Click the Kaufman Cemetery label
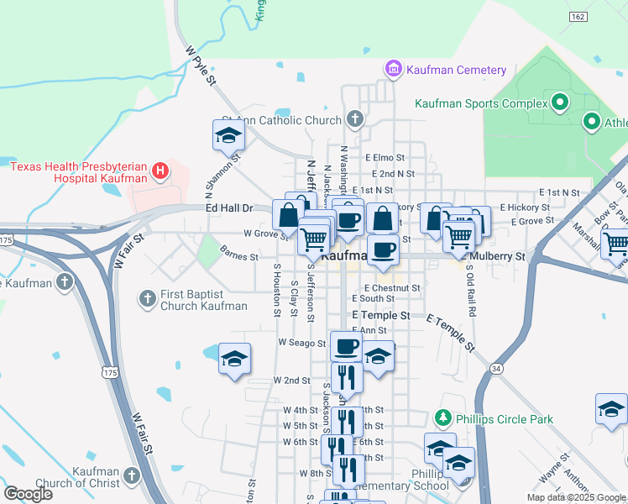tap(456, 70)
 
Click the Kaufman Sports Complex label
tap(480, 103)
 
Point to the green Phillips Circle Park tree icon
tap(442, 417)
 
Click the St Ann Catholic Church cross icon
tap(355, 119)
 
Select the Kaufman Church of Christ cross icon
tap(130, 476)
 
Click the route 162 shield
tap(577, 17)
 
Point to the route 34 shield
tap(497, 368)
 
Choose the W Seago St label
tap(301, 343)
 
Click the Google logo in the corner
tap(28, 494)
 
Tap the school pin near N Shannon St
tap(228, 134)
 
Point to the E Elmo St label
tap(385, 157)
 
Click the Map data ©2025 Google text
tap(575, 497)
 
